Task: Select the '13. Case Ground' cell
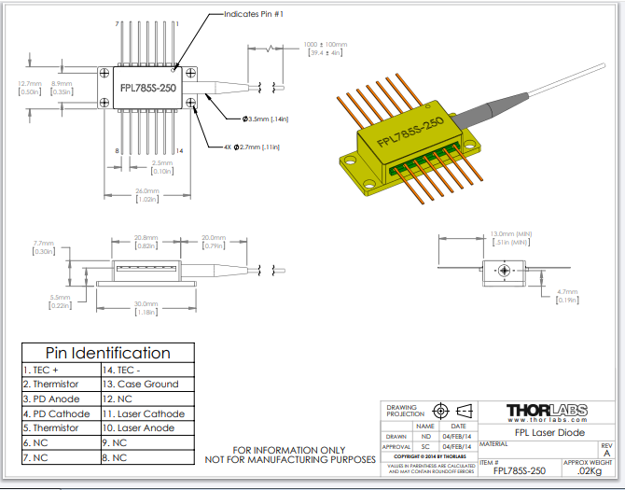(146, 384)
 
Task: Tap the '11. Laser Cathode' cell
(146, 413)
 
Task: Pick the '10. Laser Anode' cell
(146, 428)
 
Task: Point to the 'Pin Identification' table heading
(108, 353)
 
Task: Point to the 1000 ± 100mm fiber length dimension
(325, 44)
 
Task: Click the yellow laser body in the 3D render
(410, 140)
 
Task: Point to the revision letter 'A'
(606, 454)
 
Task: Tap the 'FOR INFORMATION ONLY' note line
(290, 449)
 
